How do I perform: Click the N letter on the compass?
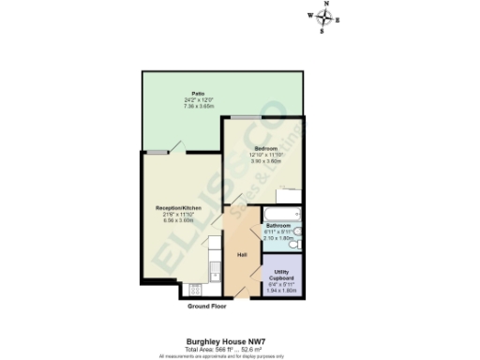[x=325, y=5]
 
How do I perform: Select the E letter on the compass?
[x=338, y=19]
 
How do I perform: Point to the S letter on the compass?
[x=324, y=31]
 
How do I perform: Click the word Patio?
[x=198, y=94]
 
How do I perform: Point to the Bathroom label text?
[x=278, y=225]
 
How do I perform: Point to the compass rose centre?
[x=325, y=18]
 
